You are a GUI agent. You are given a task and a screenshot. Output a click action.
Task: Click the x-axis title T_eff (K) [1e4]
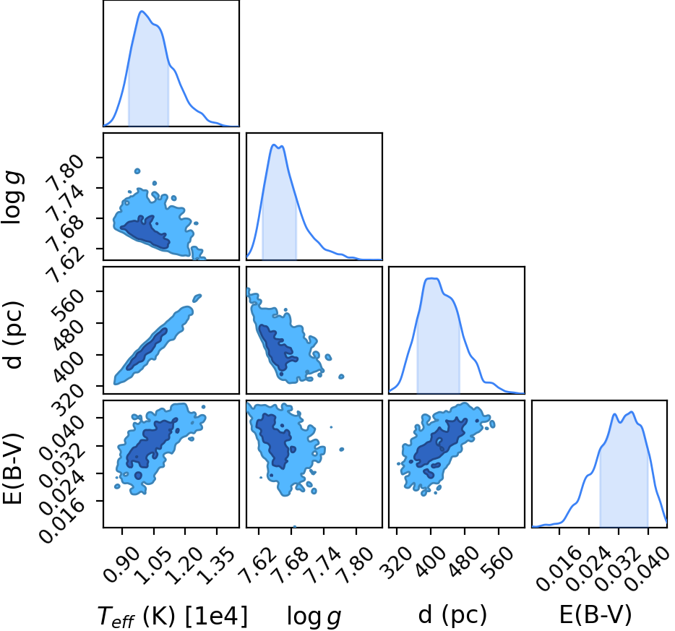[x=173, y=617]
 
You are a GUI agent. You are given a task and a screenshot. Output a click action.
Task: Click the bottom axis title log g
[x=314, y=617]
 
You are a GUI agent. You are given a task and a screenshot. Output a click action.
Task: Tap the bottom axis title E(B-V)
[x=596, y=614]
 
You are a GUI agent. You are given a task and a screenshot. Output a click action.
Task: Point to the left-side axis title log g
[x=12, y=197]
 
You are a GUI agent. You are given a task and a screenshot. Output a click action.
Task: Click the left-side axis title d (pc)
[x=13, y=335]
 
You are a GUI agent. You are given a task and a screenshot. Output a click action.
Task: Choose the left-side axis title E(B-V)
[x=12, y=468]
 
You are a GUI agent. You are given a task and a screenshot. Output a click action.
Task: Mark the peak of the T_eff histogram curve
[x=141, y=11]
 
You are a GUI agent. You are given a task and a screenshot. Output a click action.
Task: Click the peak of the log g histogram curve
[x=273, y=145]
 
